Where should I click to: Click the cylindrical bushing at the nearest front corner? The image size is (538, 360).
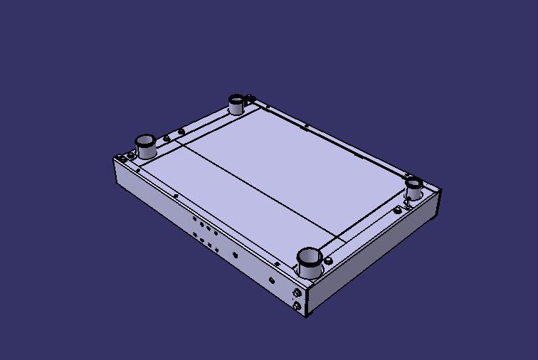tap(310, 264)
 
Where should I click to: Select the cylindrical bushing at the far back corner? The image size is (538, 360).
tap(236, 104)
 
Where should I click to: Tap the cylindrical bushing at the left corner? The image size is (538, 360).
tap(146, 146)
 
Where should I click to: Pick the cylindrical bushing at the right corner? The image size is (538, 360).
tap(414, 189)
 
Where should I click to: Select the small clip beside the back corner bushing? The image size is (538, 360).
tap(250, 100)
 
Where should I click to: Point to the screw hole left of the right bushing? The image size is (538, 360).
tap(397, 210)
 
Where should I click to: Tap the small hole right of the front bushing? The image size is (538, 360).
tap(328, 260)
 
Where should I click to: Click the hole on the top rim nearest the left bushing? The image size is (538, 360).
tap(167, 138)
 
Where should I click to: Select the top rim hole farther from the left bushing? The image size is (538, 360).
tap(181, 131)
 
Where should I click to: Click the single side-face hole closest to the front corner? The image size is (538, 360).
tap(271, 280)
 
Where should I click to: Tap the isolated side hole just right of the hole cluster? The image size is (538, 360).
tap(232, 252)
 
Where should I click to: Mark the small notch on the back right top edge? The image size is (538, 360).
tap(306, 128)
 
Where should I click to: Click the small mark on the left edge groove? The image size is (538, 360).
tap(176, 195)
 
